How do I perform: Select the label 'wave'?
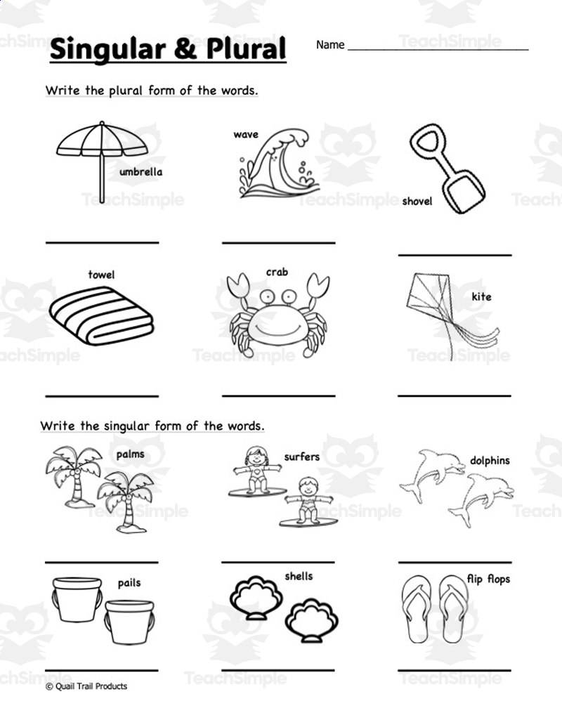tap(246, 134)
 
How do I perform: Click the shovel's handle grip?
tap(426, 144)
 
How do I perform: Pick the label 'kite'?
tap(481, 296)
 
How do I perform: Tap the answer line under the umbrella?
tap(103, 242)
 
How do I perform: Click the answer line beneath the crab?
tap(278, 395)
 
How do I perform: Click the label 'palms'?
tap(131, 454)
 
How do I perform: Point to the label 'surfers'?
tap(301, 457)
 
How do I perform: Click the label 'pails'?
tap(129, 582)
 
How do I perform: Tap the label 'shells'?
tap(299, 576)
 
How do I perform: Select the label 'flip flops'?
tap(488, 579)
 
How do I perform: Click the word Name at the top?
tap(330, 45)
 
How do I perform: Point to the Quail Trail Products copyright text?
tap(86, 686)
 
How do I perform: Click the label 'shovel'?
tap(417, 202)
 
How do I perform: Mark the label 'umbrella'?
tap(141, 171)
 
